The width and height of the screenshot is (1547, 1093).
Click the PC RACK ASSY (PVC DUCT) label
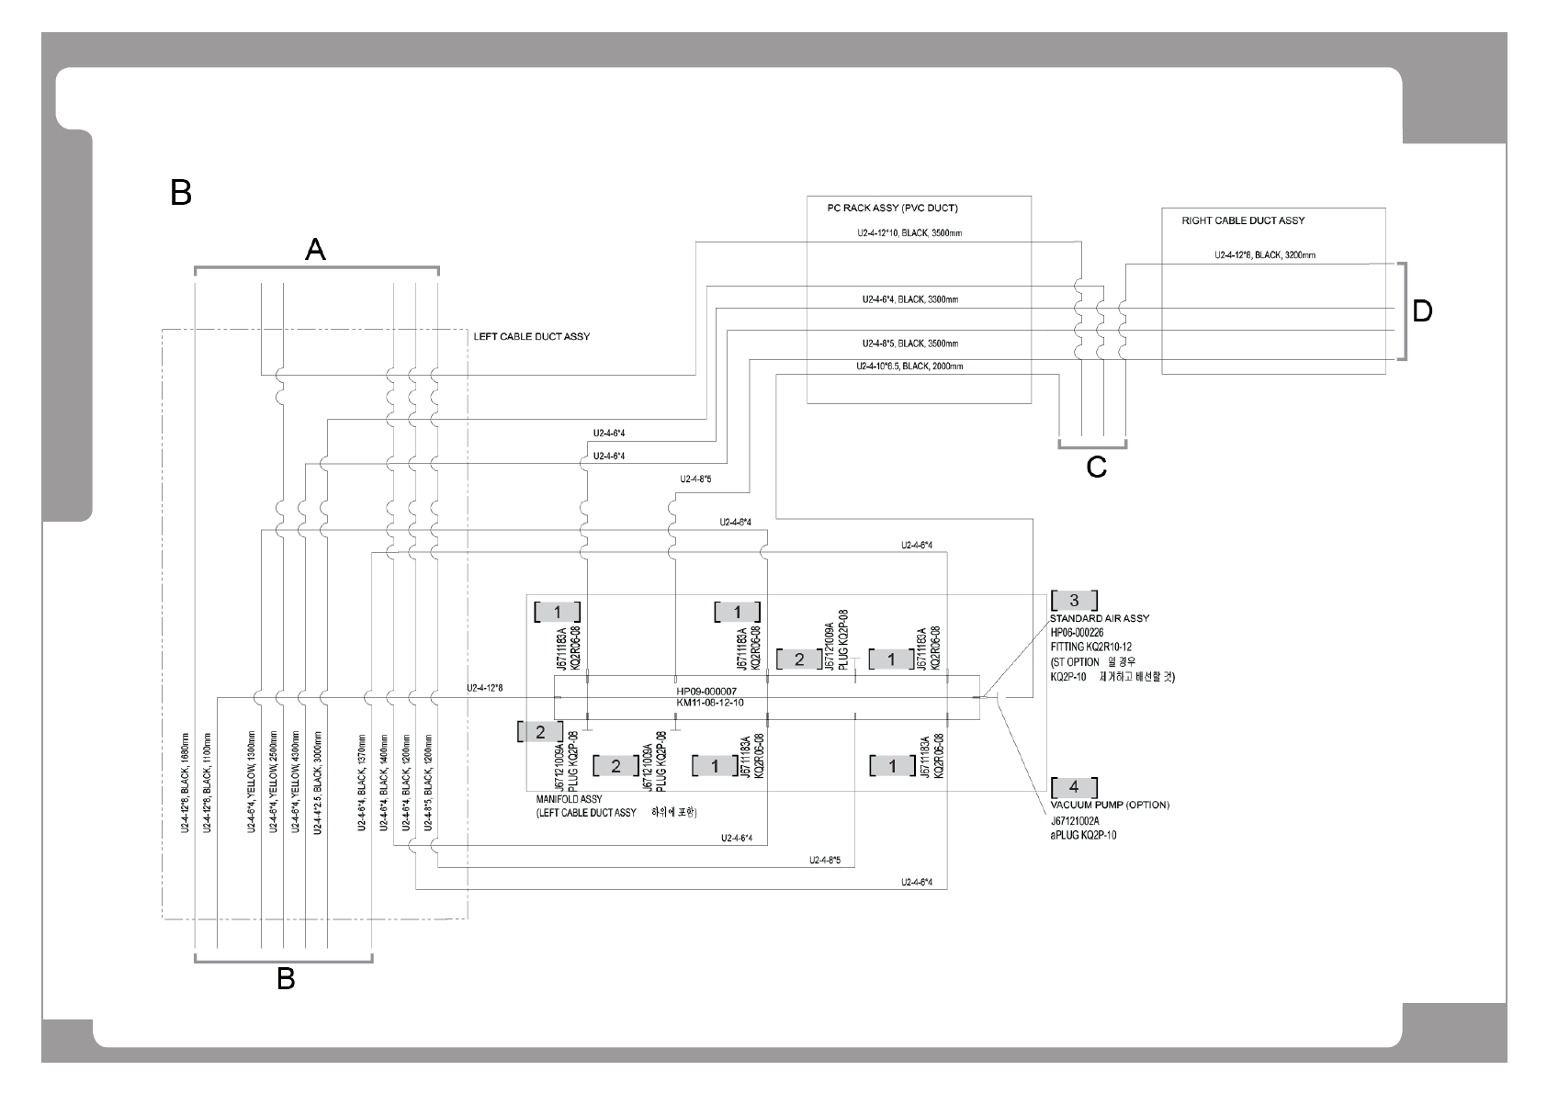pos(879,208)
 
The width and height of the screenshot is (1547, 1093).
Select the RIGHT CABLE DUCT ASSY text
pos(1243,220)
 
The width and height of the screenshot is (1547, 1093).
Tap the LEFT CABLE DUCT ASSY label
pos(531,337)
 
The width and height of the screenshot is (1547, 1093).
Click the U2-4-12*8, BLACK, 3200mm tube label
pos(1264,255)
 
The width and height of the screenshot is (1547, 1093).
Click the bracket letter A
pos(315,249)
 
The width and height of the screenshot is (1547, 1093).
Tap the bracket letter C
pos(1096,468)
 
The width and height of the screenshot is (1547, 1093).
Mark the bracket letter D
pos(1421,312)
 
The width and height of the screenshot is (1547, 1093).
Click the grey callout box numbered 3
pos(1074,601)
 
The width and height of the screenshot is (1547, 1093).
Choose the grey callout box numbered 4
pos(1074,787)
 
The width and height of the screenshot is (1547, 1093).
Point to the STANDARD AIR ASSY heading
pos(1100,618)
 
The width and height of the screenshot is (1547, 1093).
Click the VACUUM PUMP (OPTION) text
pos(1110,805)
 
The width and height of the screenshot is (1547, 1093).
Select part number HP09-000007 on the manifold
pos(706,691)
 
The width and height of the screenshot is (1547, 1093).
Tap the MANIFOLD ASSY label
pos(569,799)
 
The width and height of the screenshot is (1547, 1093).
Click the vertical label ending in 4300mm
pos(296,783)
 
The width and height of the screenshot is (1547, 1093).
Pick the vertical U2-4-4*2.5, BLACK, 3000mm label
pos(318,783)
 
